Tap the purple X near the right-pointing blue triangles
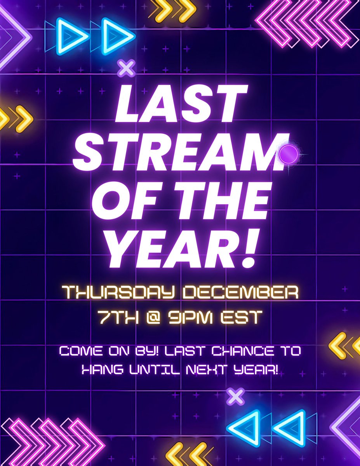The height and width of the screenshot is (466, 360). pyautogui.click(x=125, y=69)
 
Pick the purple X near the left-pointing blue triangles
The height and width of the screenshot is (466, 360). pyautogui.click(x=235, y=396)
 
